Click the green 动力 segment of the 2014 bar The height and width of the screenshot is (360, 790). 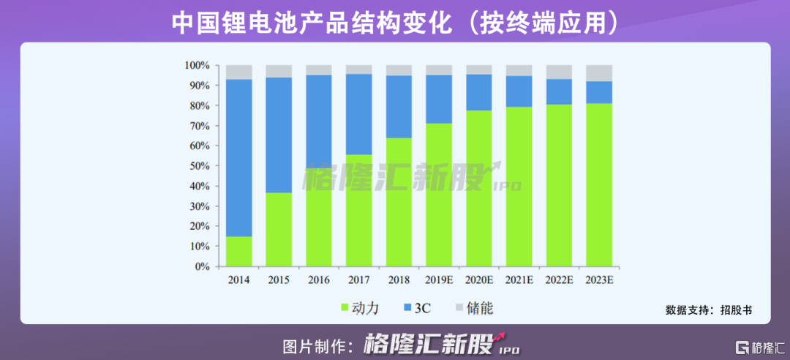238,252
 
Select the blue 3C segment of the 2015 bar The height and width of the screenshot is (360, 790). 279,135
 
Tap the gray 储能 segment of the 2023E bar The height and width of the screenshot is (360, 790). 599,72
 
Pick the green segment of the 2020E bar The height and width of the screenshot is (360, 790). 479,189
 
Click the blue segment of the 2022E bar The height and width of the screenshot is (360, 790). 559,91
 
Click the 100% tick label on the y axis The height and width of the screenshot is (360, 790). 197,66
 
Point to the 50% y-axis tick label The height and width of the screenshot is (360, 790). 200,166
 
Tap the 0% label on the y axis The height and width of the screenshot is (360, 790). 203,267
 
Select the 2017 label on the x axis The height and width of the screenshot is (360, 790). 358,280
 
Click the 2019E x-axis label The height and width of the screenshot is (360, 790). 439,280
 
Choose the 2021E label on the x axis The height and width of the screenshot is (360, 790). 519,280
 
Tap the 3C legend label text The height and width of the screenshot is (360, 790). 423,308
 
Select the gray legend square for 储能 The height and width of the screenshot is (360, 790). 459,308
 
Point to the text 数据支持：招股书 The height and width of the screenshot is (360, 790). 707,310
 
